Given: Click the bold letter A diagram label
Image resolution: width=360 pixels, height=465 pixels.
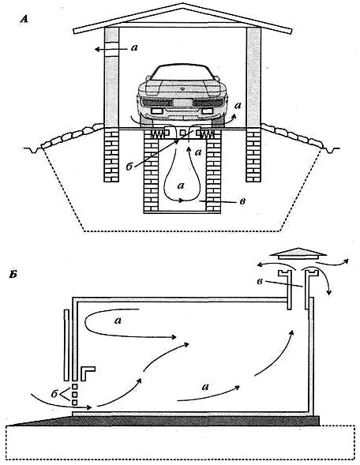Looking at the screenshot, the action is pyautogui.click(x=24, y=20).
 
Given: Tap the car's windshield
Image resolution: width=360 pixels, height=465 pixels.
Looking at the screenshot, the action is pyautogui.click(x=182, y=72).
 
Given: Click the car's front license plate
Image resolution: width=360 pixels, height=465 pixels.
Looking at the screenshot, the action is pyautogui.click(x=182, y=103).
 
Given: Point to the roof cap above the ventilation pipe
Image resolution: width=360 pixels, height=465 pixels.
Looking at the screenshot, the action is pyautogui.click(x=299, y=253).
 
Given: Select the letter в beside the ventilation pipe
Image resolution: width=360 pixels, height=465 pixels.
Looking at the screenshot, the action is pyautogui.click(x=260, y=281).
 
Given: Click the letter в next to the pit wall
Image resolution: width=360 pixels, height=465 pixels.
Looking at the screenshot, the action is pyautogui.click(x=242, y=201).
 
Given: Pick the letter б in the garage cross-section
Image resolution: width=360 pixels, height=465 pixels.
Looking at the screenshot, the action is pyautogui.click(x=129, y=167).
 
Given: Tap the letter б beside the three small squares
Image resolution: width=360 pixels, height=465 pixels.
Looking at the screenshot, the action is pyautogui.click(x=54, y=394).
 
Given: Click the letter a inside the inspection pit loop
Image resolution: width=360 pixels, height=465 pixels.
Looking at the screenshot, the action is pyautogui.click(x=180, y=186).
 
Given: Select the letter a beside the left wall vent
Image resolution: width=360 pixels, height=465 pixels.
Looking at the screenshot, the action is pyautogui.click(x=134, y=47).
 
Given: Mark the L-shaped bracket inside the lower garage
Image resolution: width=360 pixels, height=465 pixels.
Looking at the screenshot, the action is pyautogui.click(x=87, y=373).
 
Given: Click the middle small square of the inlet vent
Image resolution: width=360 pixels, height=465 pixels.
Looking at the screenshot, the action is pyautogui.click(x=75, y=394).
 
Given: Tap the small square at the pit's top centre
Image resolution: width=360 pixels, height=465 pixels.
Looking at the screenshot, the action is pyautogui.click(x=183, y=133).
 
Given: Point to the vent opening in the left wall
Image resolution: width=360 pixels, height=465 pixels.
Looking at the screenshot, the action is pyautogui.click(x=111, y=49).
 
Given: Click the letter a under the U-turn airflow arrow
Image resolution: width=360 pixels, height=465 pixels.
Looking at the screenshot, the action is pyautogui.click(x=118, y=321).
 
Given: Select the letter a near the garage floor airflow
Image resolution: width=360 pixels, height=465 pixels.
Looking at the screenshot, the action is pyautogui.click(x=204, y=387).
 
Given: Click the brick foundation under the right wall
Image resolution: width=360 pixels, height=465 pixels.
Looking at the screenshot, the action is pyautogui.click(x=254, y=156).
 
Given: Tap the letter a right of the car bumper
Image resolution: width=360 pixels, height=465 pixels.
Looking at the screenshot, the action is pyautogui.click(x=238, y=105).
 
